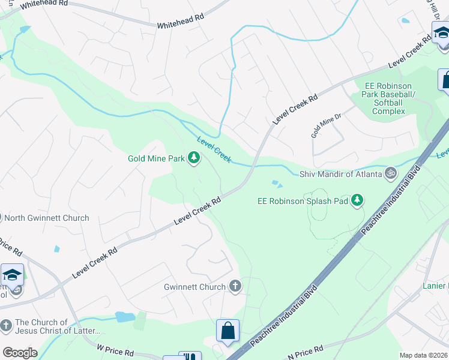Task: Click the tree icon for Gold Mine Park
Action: pos(193,158)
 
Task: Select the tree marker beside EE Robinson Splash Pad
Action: pos(357,200)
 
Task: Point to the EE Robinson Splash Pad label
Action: pos(303,201)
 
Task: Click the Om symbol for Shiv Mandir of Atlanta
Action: pos(391,174)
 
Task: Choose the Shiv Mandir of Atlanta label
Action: pos(340,175)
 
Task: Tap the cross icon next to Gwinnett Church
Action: pos(235,287)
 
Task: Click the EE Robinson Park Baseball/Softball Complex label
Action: pos(390,98)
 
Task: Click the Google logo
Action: pos(20,353)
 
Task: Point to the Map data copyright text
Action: pos(423,355)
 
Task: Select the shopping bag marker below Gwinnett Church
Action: pos(228,331)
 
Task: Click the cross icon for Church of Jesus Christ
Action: pos(6,326)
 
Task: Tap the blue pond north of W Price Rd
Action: pos(124,317)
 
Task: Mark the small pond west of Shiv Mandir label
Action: pos(276,184)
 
